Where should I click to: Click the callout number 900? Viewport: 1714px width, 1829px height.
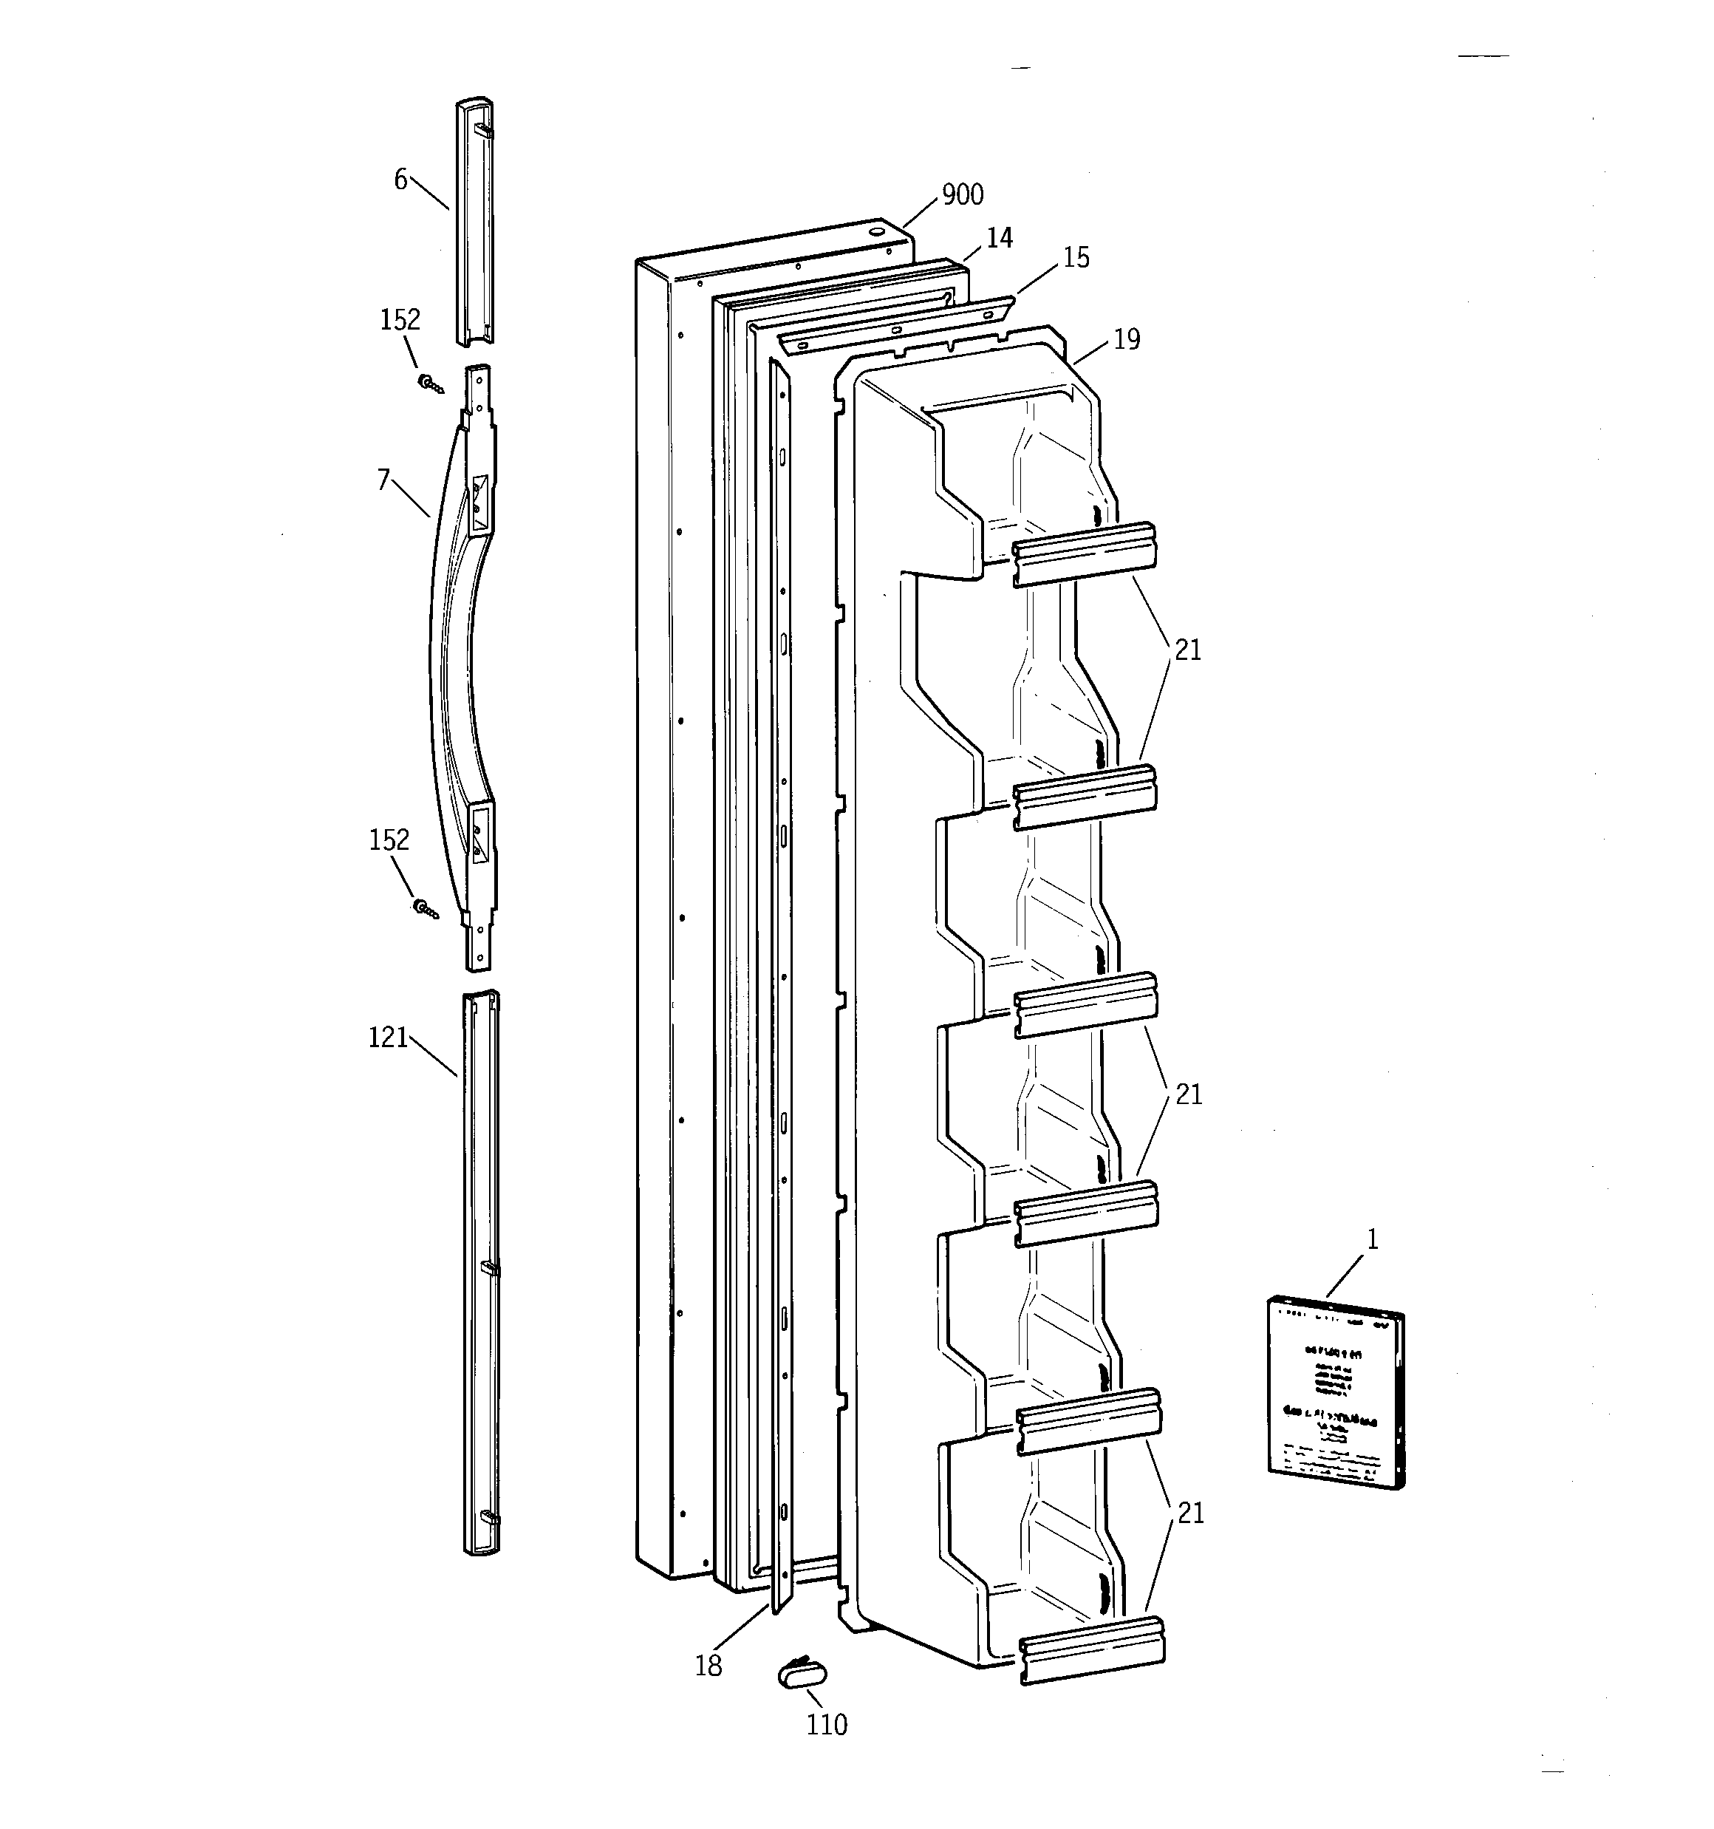963,195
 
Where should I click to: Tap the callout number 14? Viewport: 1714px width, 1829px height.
999,238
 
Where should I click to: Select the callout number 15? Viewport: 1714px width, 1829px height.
1076,259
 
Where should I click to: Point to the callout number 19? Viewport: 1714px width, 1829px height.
1126,341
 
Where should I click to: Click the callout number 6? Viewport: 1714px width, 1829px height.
400,180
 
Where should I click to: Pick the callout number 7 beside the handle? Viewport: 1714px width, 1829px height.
383,480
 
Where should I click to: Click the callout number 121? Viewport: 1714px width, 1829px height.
387,1038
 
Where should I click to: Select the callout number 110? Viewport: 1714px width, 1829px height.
826,1725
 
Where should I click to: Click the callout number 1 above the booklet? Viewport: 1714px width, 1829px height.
1372,1239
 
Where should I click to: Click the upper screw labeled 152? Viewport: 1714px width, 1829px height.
428,383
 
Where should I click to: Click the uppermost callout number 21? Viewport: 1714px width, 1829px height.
1188,650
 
